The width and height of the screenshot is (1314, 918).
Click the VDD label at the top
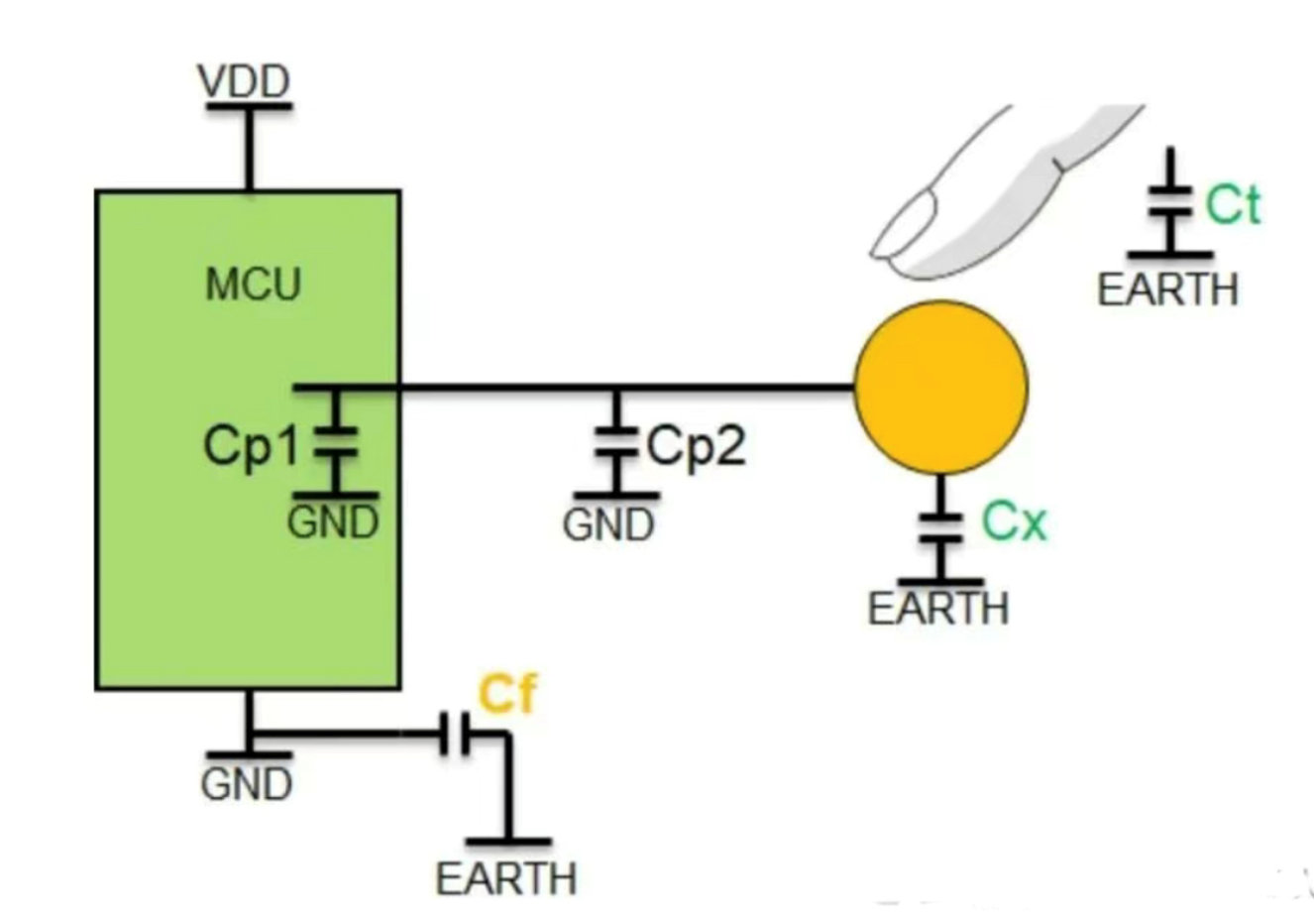[x=244, y=81]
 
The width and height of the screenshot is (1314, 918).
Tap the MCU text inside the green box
[x=253, y=285]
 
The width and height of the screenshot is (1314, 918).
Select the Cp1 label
[x=251, y=446]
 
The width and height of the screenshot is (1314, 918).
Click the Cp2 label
[x=696, y=446]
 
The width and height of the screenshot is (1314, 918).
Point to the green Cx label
[x=1014, y=521]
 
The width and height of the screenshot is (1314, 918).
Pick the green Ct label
[x=1233, y=205]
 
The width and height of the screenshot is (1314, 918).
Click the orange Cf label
[x=506, y=694]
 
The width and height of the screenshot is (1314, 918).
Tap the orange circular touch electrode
[x=940, y=387]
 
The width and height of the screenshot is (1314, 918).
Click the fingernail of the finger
[x=903, y=225]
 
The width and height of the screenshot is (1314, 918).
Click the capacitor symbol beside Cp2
[x=614, y=443]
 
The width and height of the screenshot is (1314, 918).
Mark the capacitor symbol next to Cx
[x=939, y=526]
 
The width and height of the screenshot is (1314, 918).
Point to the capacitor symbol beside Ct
[x=1171, y=203]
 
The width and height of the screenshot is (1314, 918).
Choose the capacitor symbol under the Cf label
[x=456, y=736]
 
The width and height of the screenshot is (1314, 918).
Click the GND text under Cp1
[x=333, y=521]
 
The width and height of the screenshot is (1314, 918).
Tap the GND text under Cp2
[x=608, y=524]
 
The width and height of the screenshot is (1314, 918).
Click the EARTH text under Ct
[x=1167, y=289]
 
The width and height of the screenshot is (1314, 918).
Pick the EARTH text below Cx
[x=938, y=609]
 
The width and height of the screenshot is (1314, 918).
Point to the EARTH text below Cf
[x=505, y=879]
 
